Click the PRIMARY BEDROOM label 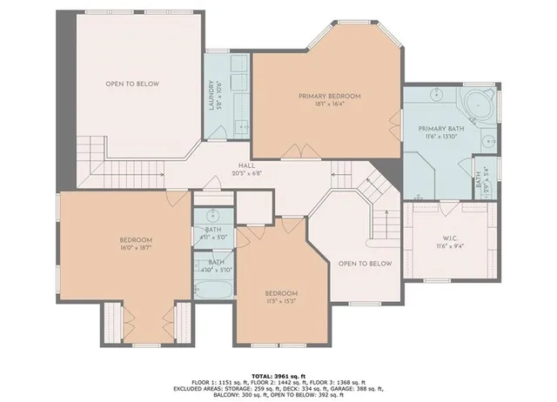(329, 96)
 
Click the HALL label (247, 164)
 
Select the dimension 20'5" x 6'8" (247, 172)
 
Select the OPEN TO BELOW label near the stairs (365, 263)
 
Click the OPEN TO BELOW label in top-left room (131, 84)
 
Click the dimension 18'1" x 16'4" (329, 104)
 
